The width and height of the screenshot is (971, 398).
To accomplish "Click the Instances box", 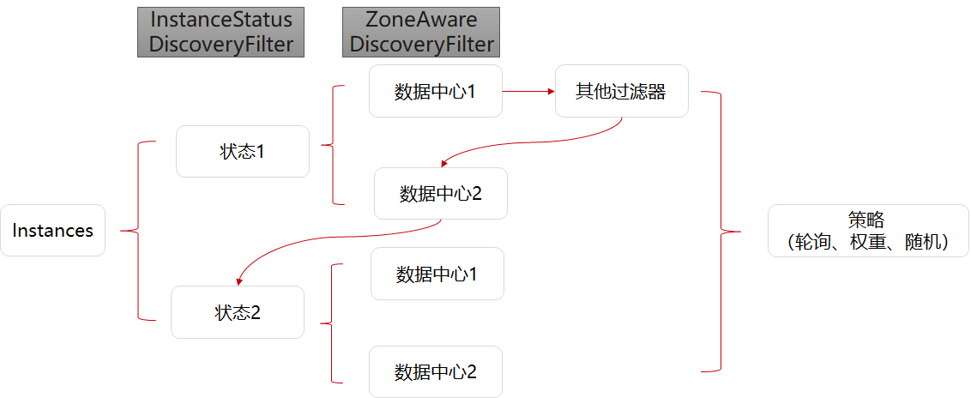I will tap(52, 230).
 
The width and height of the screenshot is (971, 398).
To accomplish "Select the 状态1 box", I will tap(242, 152).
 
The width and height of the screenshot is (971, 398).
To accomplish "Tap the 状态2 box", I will tap(238, 312).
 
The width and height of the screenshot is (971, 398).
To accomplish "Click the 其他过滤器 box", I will tap(621, 91).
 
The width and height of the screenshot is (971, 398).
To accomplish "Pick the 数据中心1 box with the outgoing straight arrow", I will tap(435, 91).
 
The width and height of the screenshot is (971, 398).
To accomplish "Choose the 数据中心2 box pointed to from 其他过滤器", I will tap(440, 193).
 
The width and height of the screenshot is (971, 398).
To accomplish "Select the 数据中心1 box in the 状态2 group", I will tap(437, 274).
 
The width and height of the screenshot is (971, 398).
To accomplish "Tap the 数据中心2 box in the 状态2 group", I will tap(435, 372).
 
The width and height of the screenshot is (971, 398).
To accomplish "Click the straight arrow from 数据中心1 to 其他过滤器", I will tap(527, 90).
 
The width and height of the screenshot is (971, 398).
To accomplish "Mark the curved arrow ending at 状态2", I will tap(335, 240).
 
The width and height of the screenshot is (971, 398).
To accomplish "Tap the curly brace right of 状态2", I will tap(331, 323).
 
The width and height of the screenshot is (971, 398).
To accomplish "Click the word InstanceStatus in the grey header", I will tap(221, 19).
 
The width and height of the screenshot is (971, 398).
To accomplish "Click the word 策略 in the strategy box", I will tap(867, 220).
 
